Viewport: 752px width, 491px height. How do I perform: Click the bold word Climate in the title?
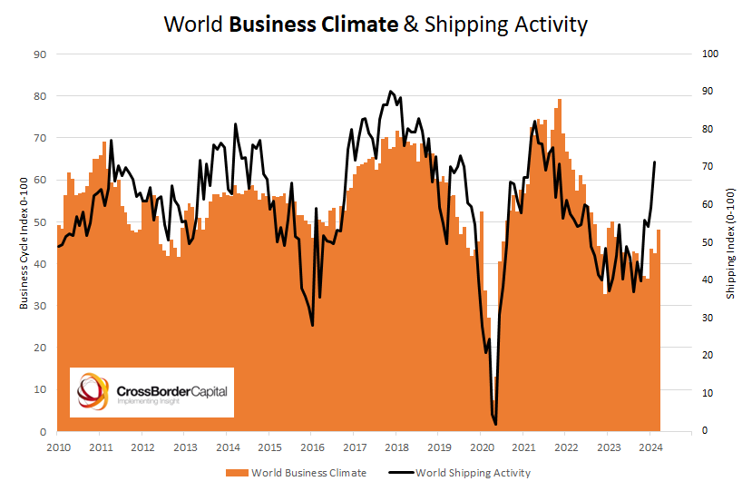360,25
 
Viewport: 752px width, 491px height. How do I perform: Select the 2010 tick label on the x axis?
58,447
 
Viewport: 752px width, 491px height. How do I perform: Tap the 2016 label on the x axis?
312,447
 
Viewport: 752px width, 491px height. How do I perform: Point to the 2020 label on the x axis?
481,447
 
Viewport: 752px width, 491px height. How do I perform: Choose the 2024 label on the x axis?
650,447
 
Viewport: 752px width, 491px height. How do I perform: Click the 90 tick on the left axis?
40,54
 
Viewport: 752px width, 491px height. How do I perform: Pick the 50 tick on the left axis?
40,221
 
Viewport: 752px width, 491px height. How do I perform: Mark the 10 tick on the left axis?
40,389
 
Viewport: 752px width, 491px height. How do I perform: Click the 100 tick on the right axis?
712,54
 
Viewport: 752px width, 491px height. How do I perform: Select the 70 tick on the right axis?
710,167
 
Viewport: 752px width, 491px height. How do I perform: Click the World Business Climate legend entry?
309,473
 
